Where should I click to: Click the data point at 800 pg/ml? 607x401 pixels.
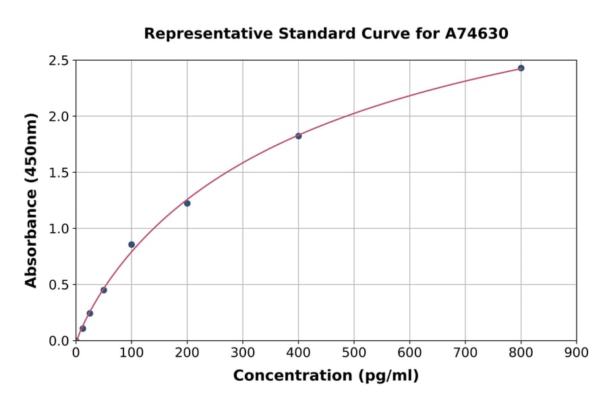[521, 68]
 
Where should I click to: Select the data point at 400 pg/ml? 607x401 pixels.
[298, 136]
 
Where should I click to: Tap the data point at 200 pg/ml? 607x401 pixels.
[187, 203]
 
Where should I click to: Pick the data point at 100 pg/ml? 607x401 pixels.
[132, 244]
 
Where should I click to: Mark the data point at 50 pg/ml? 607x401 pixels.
[104, 290]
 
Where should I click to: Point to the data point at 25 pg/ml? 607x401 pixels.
[90, 313]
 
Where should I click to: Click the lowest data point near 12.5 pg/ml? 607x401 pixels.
[83, 329]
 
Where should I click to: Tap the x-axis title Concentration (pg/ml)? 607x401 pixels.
[326, 375]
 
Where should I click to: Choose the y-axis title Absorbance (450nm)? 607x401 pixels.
[31, 200]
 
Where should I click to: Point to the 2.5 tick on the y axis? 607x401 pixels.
[59, 61]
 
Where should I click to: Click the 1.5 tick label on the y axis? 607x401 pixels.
[59, 173]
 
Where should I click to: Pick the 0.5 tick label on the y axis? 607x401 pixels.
[59, 285]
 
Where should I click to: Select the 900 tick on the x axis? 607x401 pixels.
[576, 352]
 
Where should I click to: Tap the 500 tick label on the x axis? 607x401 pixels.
[353, 352]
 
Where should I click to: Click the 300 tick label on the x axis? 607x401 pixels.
[242, 352]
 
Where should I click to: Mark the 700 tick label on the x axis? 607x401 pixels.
[465, 352]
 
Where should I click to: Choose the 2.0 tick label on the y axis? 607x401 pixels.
[59, 117]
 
